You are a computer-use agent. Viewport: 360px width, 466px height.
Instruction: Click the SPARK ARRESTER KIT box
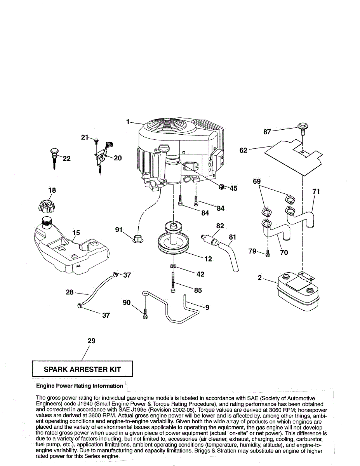[x=82, y=369]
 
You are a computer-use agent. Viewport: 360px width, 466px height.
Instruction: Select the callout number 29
[x=91, y=341]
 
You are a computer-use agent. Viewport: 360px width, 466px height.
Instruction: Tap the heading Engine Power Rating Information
[x=79, y=386]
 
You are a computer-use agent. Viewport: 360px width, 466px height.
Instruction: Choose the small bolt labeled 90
[x=145, y=314]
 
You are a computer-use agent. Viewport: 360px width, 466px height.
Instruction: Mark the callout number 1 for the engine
[x=128, y=122]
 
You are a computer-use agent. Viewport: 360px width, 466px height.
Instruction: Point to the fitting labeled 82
[x=210, y=238]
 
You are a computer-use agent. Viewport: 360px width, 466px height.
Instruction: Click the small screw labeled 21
[x=97, y=141]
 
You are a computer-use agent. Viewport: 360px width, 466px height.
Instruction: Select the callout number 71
[x=316, y=191]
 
